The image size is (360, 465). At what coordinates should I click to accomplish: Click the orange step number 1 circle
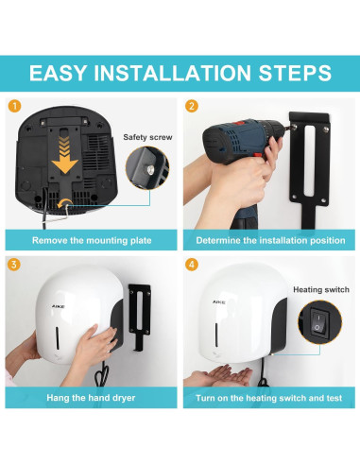15,106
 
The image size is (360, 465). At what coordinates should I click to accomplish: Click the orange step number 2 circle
192,106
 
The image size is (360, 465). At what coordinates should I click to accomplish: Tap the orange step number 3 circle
13,264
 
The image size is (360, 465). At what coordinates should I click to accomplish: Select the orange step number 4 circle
192,264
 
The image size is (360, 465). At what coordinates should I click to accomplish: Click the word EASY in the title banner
58,73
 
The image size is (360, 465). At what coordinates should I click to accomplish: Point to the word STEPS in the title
295,73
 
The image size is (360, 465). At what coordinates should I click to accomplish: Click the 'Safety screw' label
147,137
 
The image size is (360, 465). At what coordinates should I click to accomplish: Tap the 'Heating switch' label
321,289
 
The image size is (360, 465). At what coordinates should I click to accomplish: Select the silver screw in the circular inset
150,170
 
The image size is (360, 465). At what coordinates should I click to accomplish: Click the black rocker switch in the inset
319,323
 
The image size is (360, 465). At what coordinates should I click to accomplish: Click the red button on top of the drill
241,123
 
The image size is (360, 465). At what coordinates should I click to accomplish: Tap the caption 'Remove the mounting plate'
92,240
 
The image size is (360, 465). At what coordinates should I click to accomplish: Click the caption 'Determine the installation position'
270,240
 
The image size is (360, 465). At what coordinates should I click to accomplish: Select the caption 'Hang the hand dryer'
91,398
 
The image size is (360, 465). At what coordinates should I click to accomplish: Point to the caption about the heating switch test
268,398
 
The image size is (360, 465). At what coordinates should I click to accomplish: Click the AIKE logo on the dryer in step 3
58,306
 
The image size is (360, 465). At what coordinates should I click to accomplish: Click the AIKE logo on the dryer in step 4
218,302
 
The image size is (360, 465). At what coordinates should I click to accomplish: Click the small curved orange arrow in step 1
64,203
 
